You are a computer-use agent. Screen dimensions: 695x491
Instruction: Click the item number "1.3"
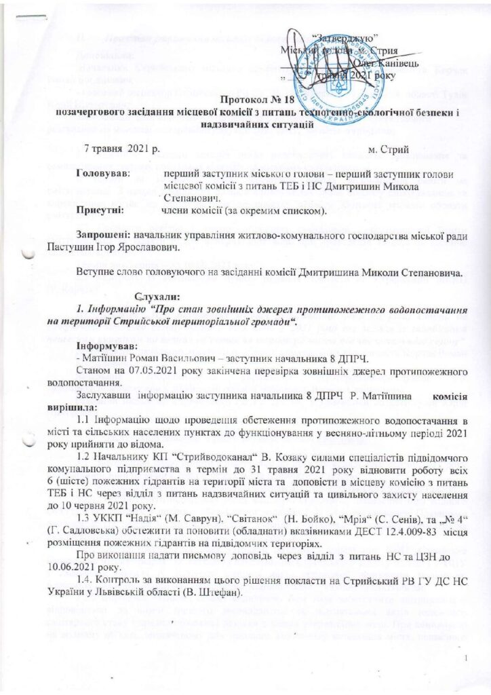coord(85,516)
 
